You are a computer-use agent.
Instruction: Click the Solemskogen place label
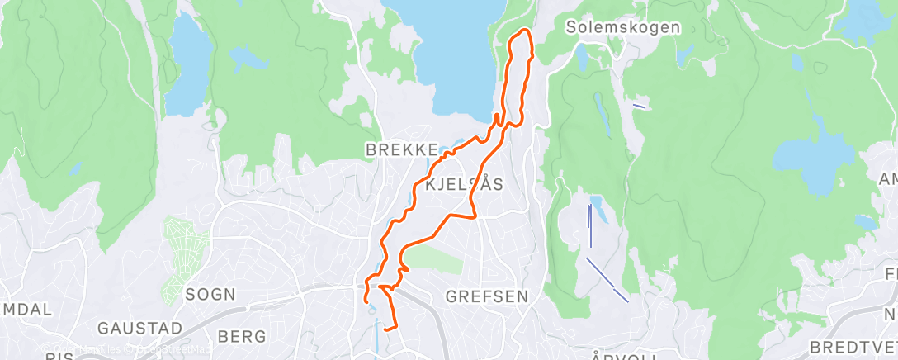[623, 27]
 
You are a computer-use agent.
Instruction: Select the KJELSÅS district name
[463, 185]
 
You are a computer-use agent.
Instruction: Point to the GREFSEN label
[485, 295]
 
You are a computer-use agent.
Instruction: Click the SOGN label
[210, 294]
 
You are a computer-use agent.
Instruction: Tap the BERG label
[243, 336]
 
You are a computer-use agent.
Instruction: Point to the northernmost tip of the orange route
[522, 31]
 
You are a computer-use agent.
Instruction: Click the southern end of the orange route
[385, 332]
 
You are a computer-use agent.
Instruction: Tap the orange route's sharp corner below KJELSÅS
[476, 217]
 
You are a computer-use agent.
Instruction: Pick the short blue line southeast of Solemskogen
[639, 106]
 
